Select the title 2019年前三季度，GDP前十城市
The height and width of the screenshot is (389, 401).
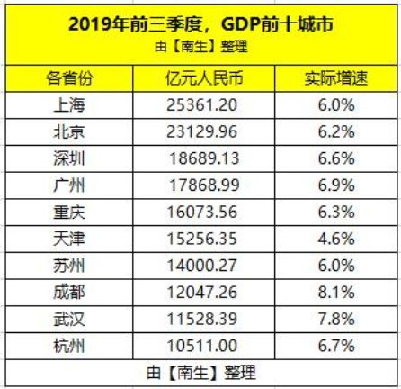coord(200,23)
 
